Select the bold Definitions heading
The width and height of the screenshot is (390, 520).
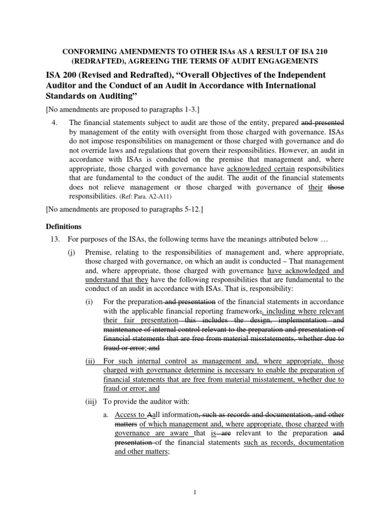[x=63, y=226]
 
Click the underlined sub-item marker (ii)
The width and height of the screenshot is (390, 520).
[x=90, y=361]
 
